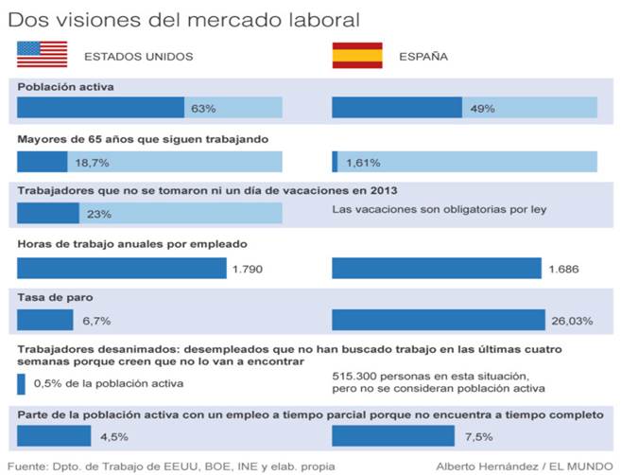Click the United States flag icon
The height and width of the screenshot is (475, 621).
pyautogui.click(x=42, y=55)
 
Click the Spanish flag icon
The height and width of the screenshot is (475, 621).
pyautogui.click(x=356, y=55)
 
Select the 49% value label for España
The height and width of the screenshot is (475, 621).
pyautogui.click(x=483, y=109)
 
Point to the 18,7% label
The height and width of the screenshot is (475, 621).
pyautogui.click(x=92, y=162)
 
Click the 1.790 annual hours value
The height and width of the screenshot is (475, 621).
pyautogui.click(x=247, y=270)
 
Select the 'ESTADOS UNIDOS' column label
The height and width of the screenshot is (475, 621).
pyautogui.click(x=139, y=56)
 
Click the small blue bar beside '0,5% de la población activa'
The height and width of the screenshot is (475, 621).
pyautogui.click(x=22, y=383)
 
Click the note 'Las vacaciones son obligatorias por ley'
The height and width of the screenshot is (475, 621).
pyautogui.click(x=440, y=209)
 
